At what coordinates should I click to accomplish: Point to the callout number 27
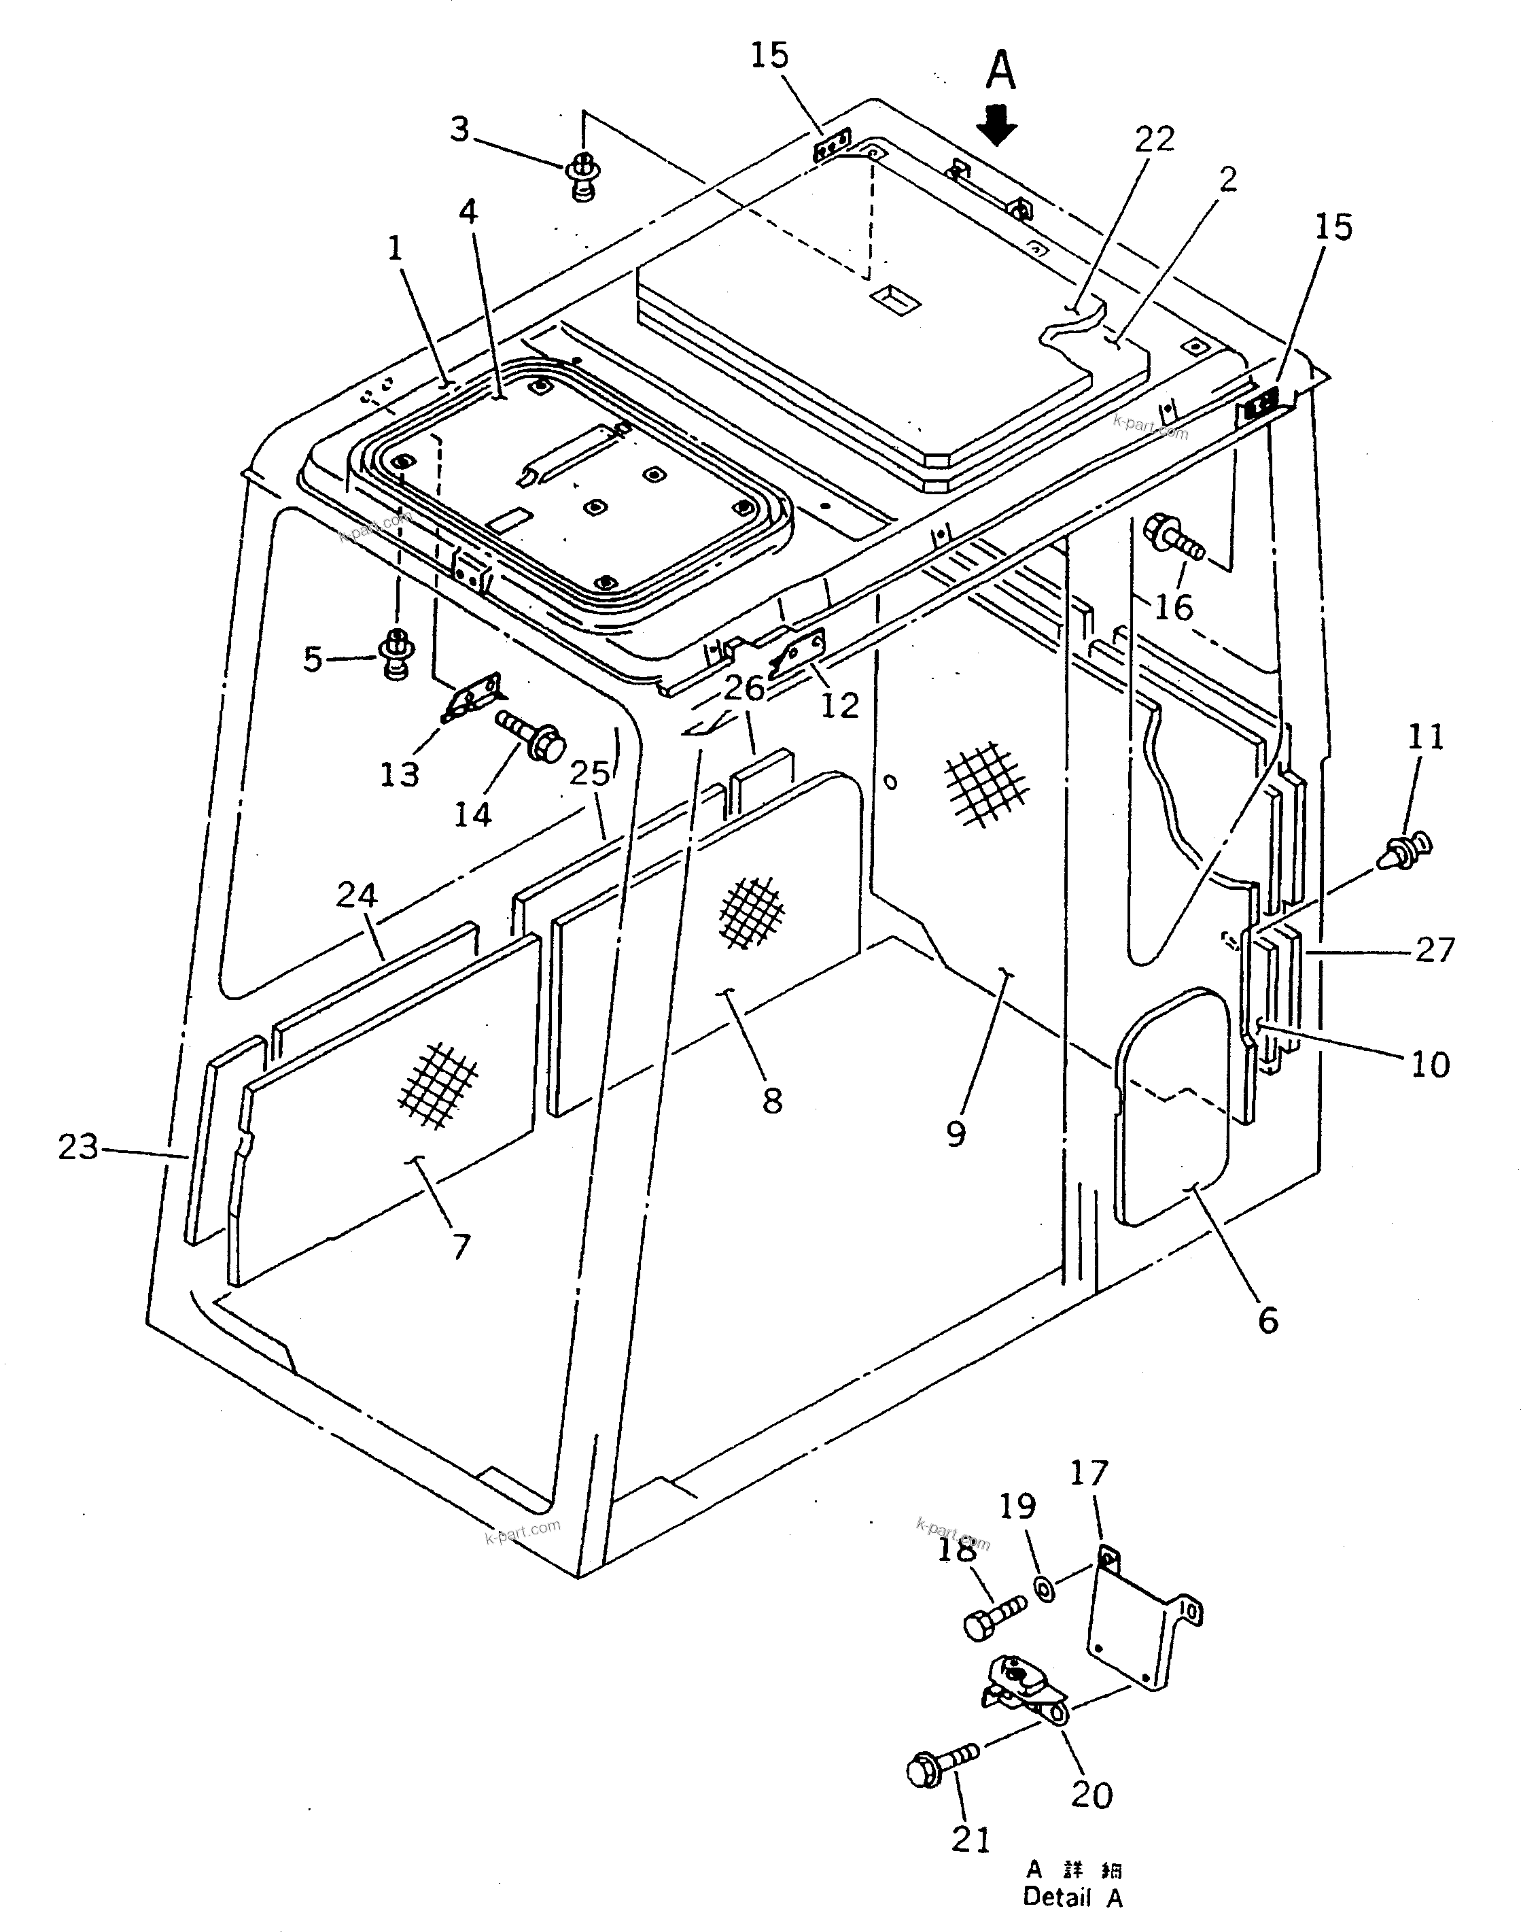[x=1435, y=950]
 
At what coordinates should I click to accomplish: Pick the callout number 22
[x=1154, y=140]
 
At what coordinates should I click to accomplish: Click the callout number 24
[x=356, y=895]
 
